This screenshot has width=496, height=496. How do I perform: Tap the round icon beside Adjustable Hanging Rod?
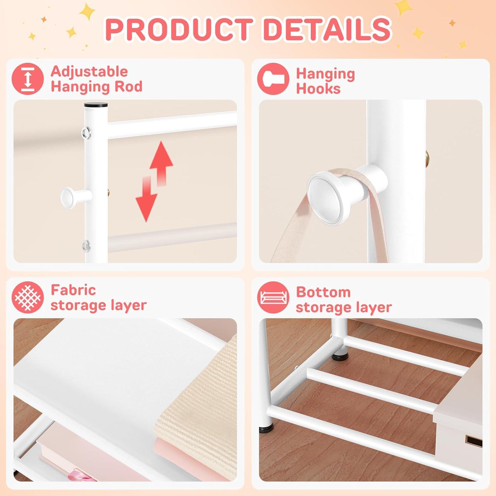click(x=28, y=79)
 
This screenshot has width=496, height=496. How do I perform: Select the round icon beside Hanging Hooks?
click(x=273, y=79)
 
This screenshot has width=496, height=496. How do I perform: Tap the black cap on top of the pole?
click(x=96, y=106)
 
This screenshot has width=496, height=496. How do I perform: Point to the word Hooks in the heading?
click(x=318, y=89)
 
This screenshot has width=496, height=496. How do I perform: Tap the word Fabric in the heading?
click(x=73, y=290)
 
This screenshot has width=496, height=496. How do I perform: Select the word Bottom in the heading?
click(x=323, y=292)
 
